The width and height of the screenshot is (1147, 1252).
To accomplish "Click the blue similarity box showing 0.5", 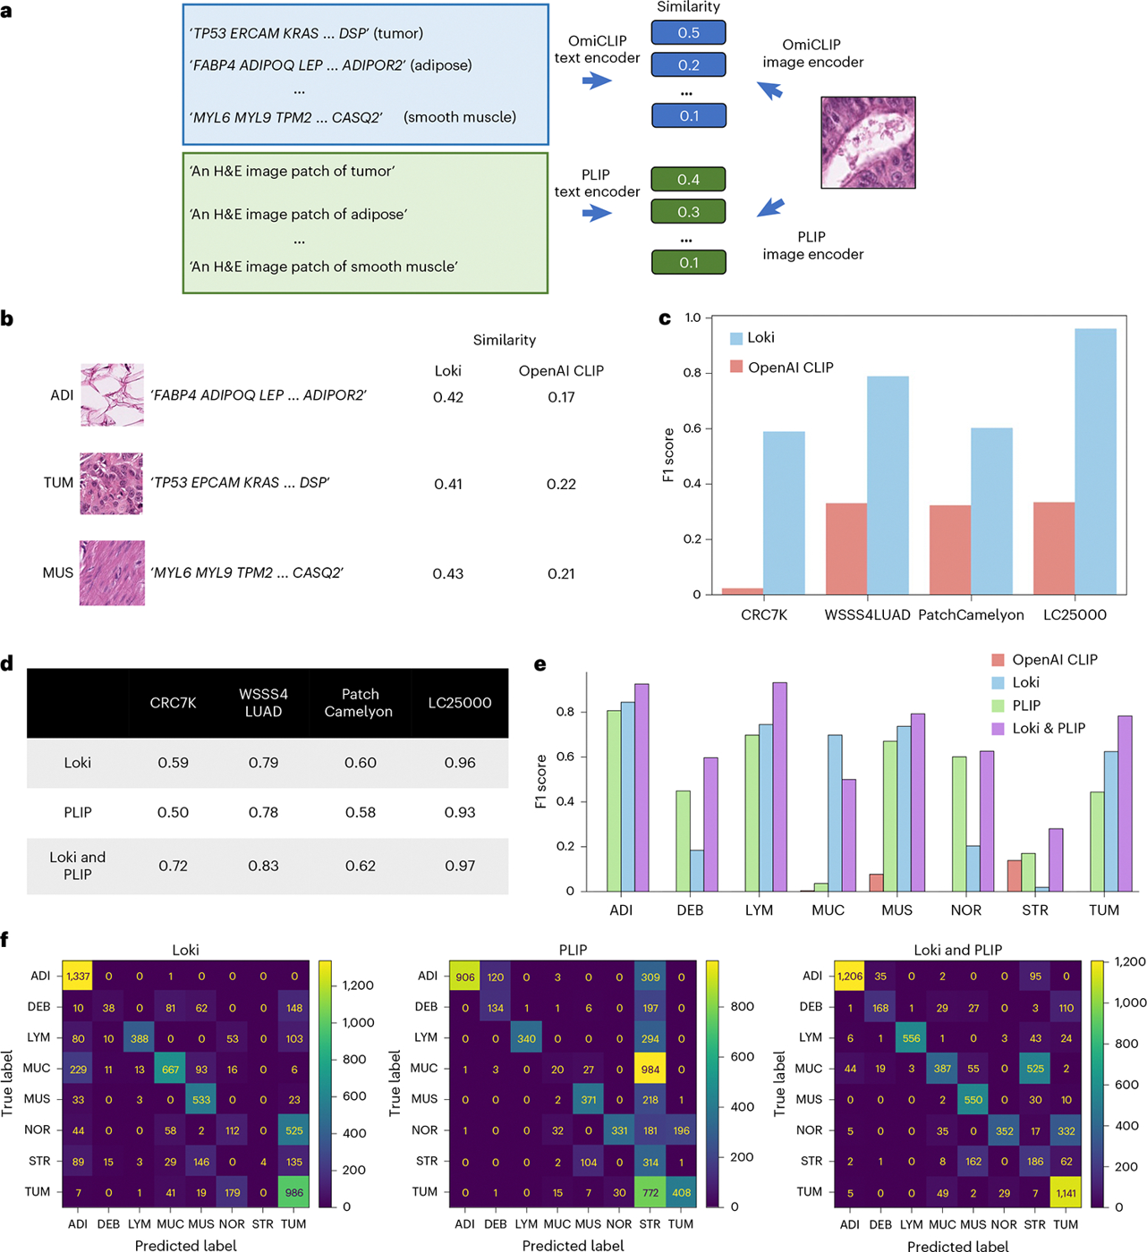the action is pyautogui.click(x=688, y=32).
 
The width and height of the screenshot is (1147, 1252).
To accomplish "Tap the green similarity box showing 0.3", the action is pyautogui.click(x=688, y=212).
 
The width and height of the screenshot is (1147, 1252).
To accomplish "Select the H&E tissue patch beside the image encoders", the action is pyautogui.click(x=868, y=142).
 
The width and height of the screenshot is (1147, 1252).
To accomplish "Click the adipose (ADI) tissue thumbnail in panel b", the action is pyautogui.click(x=113, y=395).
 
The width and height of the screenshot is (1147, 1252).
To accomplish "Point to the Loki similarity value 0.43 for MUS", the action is pyautogui.click(x=447, y=573).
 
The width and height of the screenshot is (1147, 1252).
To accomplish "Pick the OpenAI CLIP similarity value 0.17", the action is pyautogui.click(x=561, y=397).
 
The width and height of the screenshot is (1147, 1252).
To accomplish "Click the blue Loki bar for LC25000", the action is pyautogui.click(x=1095, y=461).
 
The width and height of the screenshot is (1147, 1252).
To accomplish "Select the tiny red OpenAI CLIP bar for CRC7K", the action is pyautogui.click(x=743, y=591).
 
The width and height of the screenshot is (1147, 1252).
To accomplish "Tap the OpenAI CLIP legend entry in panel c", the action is pyautogui.click(x=782, y=368).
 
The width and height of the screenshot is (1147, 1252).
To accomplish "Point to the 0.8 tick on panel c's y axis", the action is pyautogui.click(x=692, y=373).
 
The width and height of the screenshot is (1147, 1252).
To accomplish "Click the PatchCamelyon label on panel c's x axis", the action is pyautogui.click(x=971, y=614).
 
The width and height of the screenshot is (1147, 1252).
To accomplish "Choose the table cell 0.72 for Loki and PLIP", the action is pyautogui.click(x=173, y=866).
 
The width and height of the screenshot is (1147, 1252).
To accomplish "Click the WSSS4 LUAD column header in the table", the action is pyautogui.click(x=264, y=703).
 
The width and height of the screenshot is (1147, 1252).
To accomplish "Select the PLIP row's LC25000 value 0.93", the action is pyautogui.click(x=460, y=812).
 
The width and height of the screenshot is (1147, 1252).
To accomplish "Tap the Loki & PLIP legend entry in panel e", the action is pyautogui.click(x=1039, y=728).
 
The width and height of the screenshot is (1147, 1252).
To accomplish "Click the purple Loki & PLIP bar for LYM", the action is pyautogui.click(x=780, y=787).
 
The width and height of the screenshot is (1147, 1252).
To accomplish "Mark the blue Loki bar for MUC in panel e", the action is pyautogui.click(x=835, y=813).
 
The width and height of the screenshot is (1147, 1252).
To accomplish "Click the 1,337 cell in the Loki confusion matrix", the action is pyautogui.click(x=78, y=977).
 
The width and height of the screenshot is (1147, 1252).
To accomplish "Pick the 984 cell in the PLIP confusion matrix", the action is pyautogui.click(x=650, y=1070).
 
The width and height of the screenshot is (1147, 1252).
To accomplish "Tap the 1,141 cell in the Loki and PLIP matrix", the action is pyautogui.click(x=1066, y=1193).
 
